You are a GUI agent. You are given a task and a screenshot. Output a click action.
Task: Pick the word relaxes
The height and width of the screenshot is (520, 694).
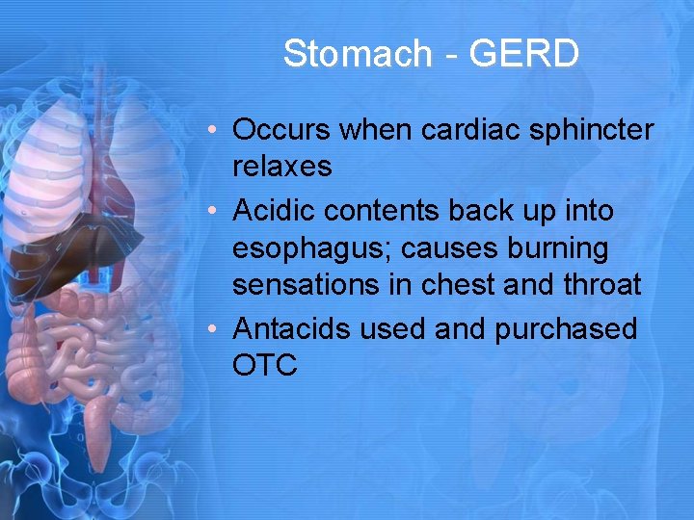point(281,167)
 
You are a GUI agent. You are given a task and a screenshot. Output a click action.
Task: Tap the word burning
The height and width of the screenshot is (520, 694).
point(559,248)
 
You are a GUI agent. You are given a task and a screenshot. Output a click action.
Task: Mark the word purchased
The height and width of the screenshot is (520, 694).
point(566,329)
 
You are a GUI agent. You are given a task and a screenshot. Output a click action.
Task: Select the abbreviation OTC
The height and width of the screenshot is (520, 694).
point(265,366)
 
